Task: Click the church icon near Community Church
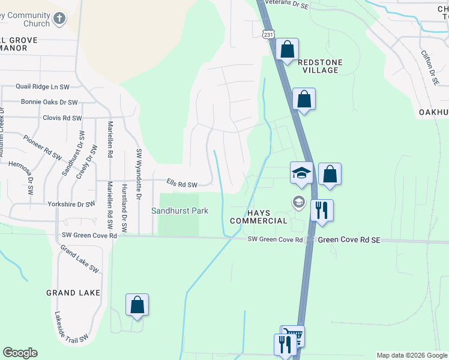(59, 19)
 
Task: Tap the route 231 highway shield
(268, 35)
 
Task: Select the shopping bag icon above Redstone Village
(288, 49)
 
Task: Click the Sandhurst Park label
(179, 211)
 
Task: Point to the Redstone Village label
(318, 66)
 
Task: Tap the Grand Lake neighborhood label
(69, 293)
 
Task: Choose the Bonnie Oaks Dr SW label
(49, 103)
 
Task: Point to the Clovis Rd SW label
(62, 118)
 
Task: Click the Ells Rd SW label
(182, 184)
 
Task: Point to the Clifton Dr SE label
(431, 66)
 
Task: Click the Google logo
(20, 353)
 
